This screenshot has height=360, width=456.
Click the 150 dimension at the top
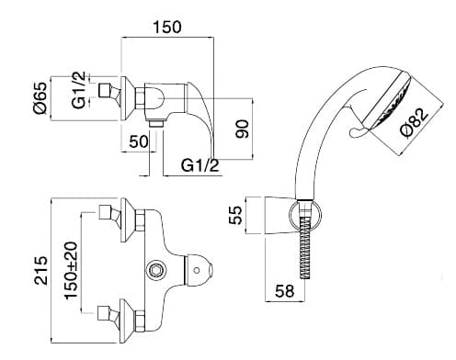click(x=167, y=27)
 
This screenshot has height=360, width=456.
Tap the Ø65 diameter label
click(x=40, y=98)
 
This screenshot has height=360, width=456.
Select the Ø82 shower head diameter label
click(x=415, y=123)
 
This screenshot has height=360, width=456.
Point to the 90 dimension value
click(x=243, y=129)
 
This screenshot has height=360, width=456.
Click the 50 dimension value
click(x=139, y=141)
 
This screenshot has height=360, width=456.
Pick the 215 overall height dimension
click(x=41, y=270)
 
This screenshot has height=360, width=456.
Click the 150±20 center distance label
click(x=71, y=270)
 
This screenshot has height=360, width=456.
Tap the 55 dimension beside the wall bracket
click(x=235, y=215)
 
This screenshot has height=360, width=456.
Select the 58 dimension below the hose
click(x=284, y=291)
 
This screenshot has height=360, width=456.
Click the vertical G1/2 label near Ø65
click(x=79, y=90)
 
